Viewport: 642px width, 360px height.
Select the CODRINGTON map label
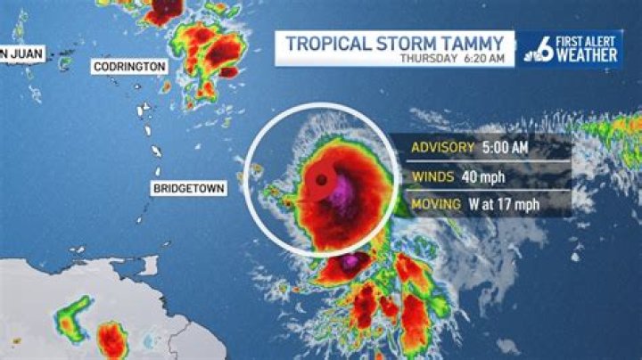point(128,67)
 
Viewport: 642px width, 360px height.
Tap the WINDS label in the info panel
point(432,176)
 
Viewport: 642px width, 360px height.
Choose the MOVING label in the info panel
point(435,204)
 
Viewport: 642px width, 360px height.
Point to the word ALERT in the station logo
point(604,40)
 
